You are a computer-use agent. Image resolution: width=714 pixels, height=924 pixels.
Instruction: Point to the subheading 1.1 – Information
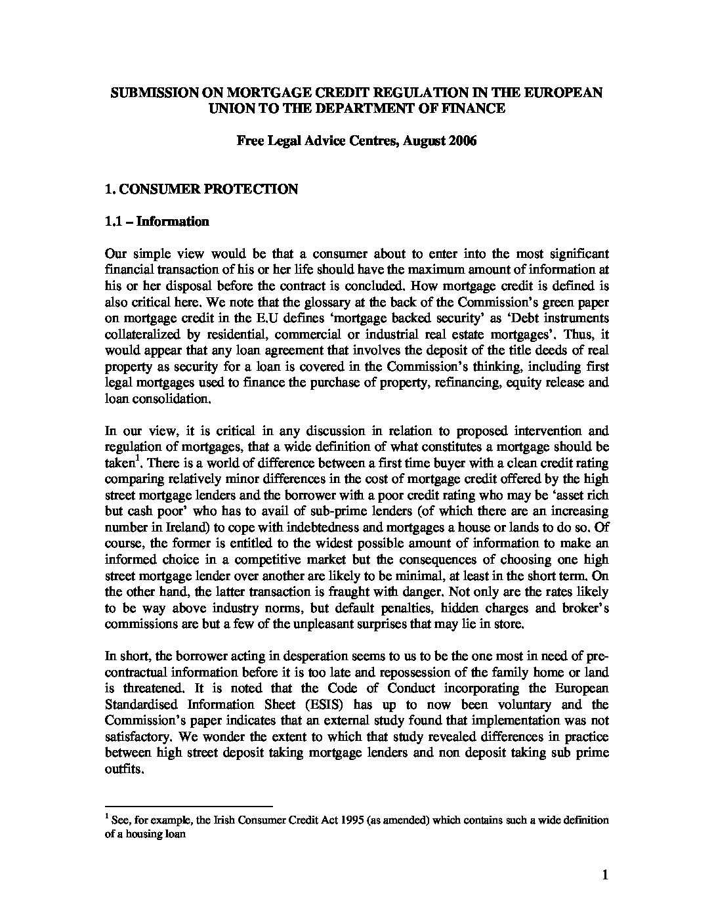click(x=157, y=221)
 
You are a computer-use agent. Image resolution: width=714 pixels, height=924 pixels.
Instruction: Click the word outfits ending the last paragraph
click(x=123, y=769)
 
